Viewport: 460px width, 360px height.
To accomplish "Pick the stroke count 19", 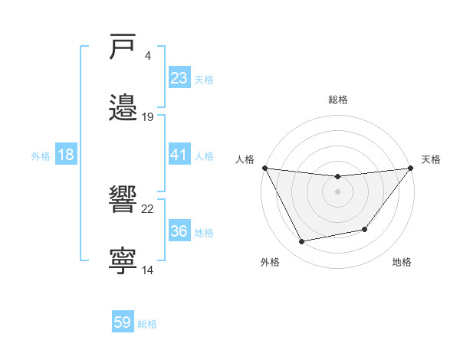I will coord(148,117).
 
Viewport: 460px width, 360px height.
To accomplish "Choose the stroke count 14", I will coord(148,270).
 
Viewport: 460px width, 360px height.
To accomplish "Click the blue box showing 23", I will coord(179,77).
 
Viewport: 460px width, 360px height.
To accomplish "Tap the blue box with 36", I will coord(179,231).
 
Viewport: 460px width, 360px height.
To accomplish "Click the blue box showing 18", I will coord(66,155).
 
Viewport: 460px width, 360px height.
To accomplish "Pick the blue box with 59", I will coord(123,322).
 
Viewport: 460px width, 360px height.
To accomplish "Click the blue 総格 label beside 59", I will coord(147,324).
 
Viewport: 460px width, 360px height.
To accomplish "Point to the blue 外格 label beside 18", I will coord(41,156).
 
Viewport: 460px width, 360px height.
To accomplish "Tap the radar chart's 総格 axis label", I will coord(337,100).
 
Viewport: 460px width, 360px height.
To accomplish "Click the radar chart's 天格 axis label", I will coord(432,159).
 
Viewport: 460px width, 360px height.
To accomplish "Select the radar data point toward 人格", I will coord(264,168).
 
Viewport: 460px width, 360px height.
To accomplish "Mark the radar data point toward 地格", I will coord(366,229).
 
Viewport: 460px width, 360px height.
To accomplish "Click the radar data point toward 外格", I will coord(301,242).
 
